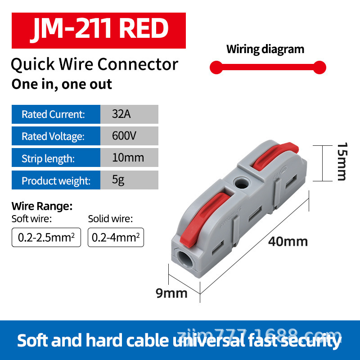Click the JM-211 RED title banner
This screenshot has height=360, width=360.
coord(98,30)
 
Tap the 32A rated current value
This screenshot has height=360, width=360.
coord(121,114)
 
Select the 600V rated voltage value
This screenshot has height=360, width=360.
coord(124,136)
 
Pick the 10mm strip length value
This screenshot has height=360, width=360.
coord(128,157)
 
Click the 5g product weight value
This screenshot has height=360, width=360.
coord(118,180)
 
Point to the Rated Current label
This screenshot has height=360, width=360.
coord(53,114)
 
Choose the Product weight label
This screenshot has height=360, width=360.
coord(56,181)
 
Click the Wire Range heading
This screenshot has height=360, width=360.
coord(42,207)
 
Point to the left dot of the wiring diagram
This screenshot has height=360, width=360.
coord(216,68)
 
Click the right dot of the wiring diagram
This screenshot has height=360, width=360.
coord(319,68)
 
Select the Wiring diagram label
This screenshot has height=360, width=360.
coord(265,49)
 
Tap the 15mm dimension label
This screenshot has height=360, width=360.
coord(342,162)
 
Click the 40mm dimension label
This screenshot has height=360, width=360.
coord(288,242)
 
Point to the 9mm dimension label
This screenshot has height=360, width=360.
coord(171,293)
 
